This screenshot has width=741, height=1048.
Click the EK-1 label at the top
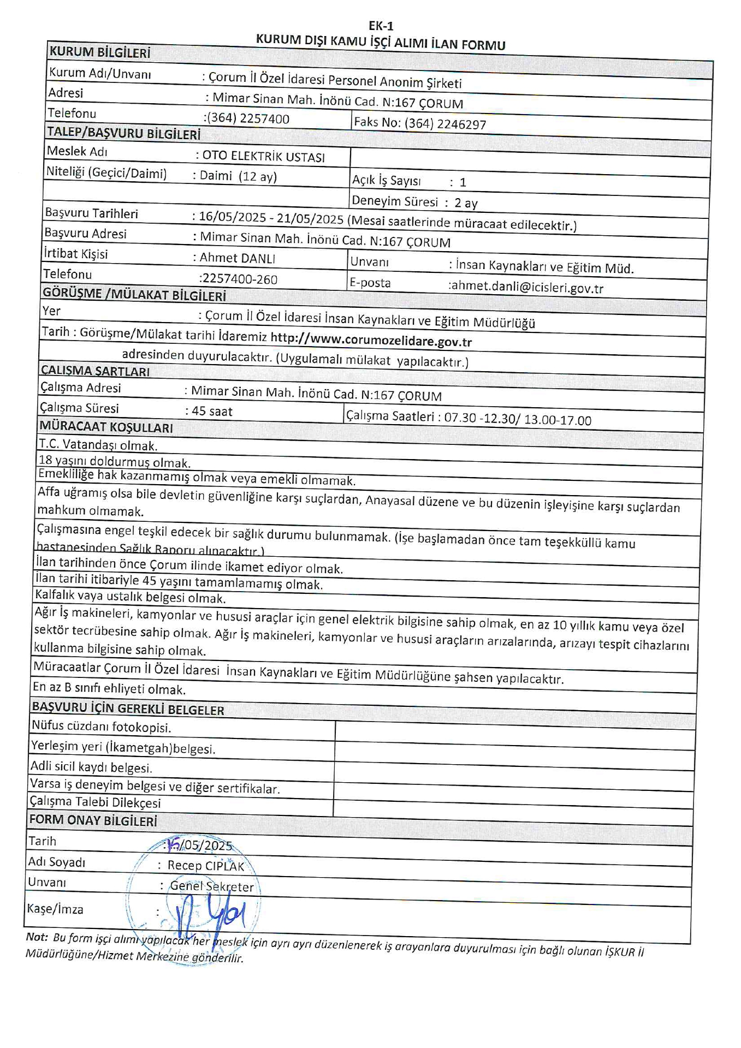[x=381, y=26]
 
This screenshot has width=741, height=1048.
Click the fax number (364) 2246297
[x=445, y=124]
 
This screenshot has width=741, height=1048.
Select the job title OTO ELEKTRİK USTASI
[x=263, y=157]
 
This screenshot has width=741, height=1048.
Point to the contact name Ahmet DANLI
[x=237, y=258]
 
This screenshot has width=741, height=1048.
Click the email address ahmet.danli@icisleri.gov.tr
[x=526, y=288]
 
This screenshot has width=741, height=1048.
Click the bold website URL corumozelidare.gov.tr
[x=371, y=341]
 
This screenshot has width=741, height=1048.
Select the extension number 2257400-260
[x=239, y=279]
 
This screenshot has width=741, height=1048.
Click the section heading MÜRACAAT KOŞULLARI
[x=106, y=427]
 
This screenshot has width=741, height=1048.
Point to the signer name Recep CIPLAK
[x=205, y=866]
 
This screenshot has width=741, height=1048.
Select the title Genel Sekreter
[x=212, y=886]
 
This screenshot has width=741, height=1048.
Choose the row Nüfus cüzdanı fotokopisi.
[x=101, y=727]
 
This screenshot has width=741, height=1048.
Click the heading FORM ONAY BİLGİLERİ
[x=93, y=820]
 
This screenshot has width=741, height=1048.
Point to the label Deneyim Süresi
[x=394, y=201]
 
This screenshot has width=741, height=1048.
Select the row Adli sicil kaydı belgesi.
[x=91, y=767]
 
